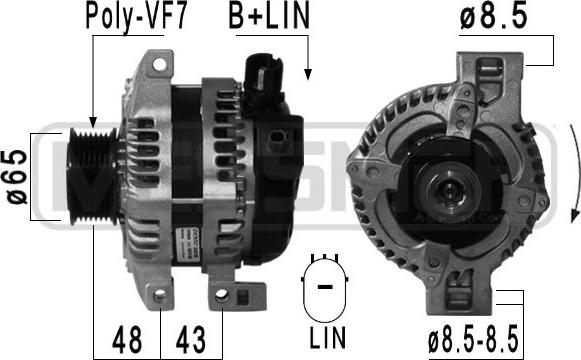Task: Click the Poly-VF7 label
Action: (x=136, y=17)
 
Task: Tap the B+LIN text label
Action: (x=269, y=16)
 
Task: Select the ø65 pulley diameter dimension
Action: (x=17, y=177)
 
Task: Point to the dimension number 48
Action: (x=127, y=340)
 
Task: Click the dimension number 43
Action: (x=191, y=340)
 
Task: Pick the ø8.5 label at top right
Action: (x=493, y=17)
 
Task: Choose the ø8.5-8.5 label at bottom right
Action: (x=473, y=341)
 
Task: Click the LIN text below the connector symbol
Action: (x=328, y=337)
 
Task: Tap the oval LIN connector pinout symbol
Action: (x=325, y=287)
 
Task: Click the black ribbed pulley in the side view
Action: (x=93, y=176)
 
